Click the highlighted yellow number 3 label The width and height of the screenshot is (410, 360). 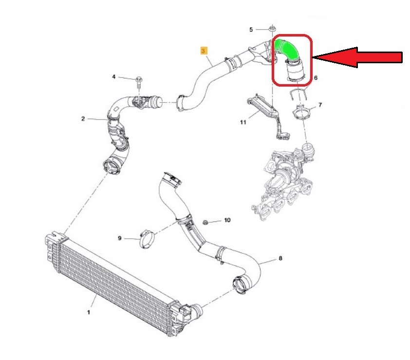[204, 50]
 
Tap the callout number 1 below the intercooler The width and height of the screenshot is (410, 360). [89, 312]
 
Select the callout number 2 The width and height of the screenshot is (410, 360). [83, 119]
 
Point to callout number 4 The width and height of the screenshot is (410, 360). [114, 77]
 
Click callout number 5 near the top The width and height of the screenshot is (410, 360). [251, 30]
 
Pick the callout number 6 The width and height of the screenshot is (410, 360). [316, 78]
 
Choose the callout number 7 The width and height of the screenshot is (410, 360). [320, 105]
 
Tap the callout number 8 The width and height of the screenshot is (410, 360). [280, 259]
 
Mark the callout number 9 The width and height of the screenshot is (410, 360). [119, 238]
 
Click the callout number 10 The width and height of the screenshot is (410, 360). [227, 220]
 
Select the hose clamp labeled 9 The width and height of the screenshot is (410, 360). [145, 239]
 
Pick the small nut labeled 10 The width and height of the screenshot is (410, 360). [206, 222]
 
